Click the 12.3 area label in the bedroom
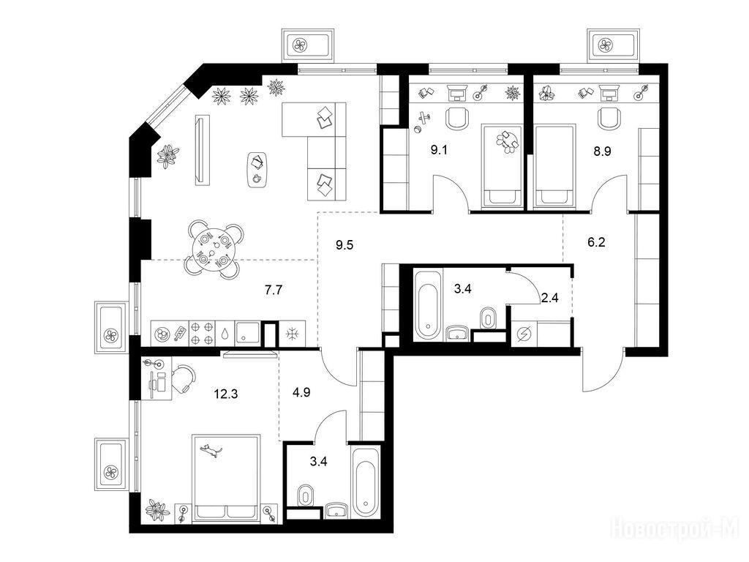point(226,394)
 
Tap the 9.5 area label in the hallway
point(345,246)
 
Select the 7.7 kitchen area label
point(274,290)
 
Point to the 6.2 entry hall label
point(596,242)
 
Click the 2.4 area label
point(549,299)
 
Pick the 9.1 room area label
point(439,151)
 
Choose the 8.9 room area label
point(602,151)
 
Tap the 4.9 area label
point(301,392)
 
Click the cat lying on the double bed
point(211,451)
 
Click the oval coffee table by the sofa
point(257,171)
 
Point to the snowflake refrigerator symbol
point(291,334)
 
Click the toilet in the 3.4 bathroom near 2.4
point(486,318)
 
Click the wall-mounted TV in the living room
point(202,149)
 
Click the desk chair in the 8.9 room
point(609,118)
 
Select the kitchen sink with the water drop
point(225,334)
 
